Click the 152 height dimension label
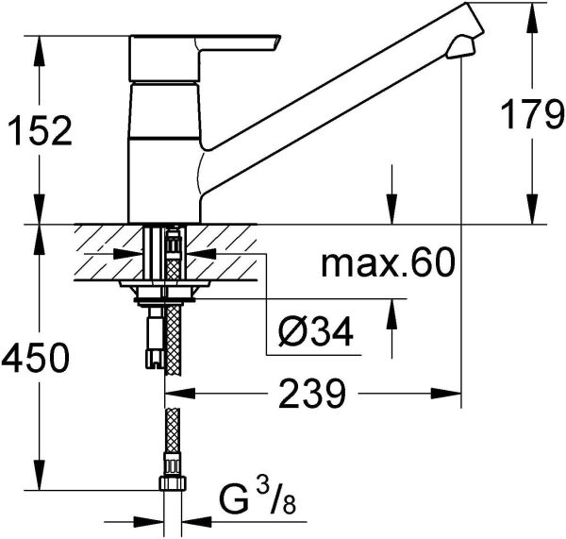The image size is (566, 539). click(40, 130)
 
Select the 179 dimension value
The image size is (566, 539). click(533, 114)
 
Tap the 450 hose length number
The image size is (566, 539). click(35, 358)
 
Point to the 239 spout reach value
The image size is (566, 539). click(312, 393)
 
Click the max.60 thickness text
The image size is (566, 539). click(387, 261)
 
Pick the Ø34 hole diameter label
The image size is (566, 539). click(315, 331)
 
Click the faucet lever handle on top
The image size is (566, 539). click(205, 58)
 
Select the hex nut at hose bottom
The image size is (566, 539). click(173, 483)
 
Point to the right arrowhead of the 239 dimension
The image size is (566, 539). click(446, 393)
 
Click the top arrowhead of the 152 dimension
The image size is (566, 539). click(40, 51)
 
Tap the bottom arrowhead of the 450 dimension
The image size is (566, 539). click(40, 475)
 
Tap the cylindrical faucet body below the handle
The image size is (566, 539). click(164, 152)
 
